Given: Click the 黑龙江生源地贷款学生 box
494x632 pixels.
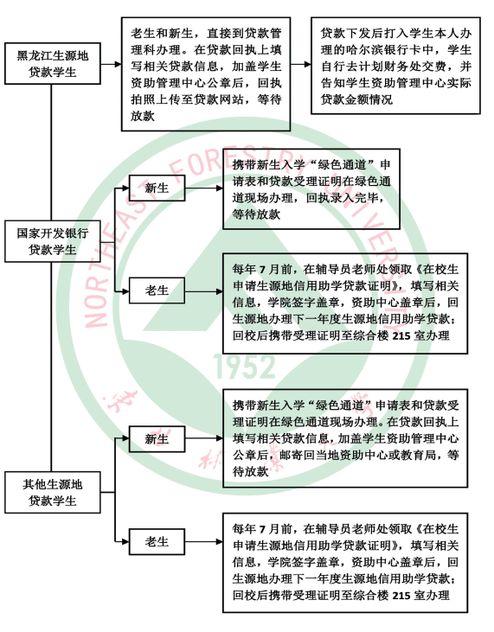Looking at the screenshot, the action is (53, 64).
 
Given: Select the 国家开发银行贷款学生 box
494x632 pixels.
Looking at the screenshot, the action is (53, 241).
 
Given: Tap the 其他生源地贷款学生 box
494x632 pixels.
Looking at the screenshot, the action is (53, 492).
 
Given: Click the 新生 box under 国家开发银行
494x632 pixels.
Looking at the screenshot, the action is (157, 188).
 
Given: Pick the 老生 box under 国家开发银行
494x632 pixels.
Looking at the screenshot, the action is (157, 290).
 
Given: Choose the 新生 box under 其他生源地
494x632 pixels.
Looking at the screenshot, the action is (157, 438).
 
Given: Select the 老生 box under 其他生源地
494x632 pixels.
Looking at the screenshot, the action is (157, 542).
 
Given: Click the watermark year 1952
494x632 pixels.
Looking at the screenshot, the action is (244, 367).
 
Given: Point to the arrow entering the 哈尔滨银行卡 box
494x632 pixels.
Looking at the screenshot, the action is (301, 64).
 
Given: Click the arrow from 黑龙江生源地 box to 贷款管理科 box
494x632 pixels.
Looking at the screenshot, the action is (111, 64).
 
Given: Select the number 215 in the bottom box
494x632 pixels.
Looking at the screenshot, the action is (401, 596).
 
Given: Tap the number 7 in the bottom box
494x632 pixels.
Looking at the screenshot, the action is (262, 529).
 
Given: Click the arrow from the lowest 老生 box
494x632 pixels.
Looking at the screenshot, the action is (204, 542).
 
